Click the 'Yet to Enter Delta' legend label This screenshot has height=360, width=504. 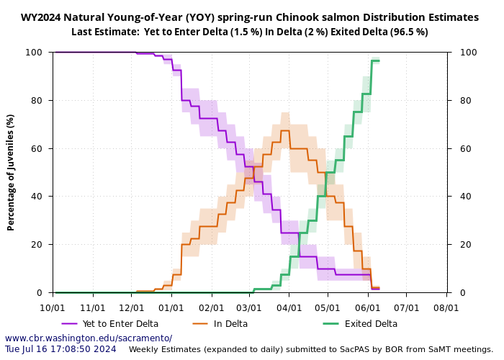(x=120, y=324)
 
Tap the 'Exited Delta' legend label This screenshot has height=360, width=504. (x=371, y=324)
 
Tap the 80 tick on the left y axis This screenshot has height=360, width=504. (x=41, y=101)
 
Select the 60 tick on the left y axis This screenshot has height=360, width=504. (x=41, y=148)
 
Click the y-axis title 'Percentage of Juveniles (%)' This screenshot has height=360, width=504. (x=11, y=172)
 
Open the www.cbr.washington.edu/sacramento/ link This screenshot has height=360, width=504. (x=89, y=338)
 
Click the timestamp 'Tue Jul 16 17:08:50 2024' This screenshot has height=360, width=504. (x=60, y=349)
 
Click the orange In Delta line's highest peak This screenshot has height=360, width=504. (x=285, y=130)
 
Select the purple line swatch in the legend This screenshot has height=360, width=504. (x=70, y=324)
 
